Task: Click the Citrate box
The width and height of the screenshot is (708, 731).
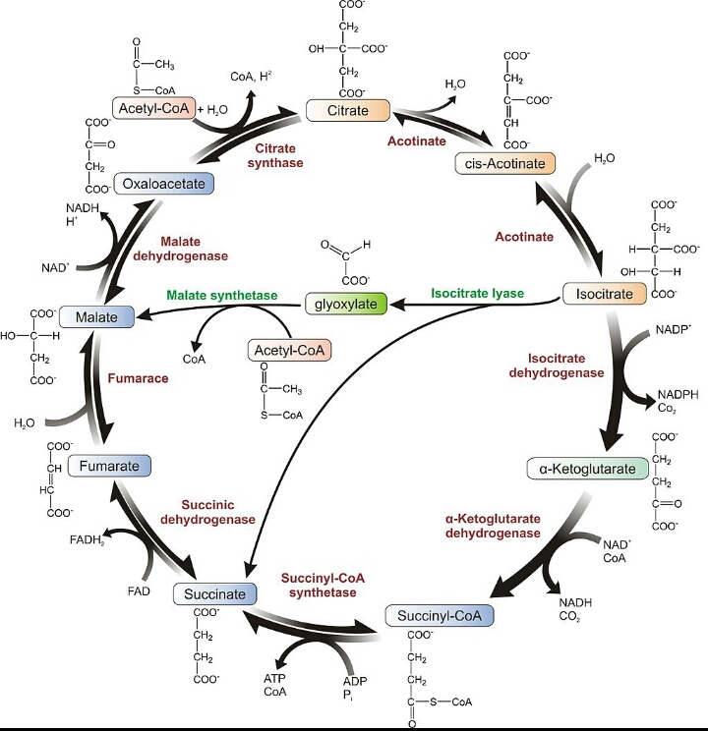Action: pos(349,109)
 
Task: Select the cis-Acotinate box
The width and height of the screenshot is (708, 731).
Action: pos(505,163)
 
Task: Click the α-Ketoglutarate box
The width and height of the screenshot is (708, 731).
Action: pos(588,469)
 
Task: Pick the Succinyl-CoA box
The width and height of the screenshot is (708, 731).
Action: pos(440,616)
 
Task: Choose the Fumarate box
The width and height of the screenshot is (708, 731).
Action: pos(109,466)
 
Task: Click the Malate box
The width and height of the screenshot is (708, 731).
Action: pos(95,316)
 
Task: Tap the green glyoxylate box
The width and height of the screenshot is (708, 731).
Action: pos(346,305)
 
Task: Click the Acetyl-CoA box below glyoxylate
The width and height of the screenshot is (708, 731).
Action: pos(289,349)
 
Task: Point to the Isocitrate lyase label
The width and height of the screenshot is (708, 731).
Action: pos(477,293)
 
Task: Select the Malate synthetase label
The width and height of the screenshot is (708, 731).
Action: pos(221,295)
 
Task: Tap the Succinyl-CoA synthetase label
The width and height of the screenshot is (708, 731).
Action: pos(323,585)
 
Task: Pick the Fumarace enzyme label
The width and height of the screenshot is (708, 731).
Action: pos(138,377)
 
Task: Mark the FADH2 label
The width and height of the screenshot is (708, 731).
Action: pos(88,540)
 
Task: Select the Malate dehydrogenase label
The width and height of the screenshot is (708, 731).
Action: pos(193,248)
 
